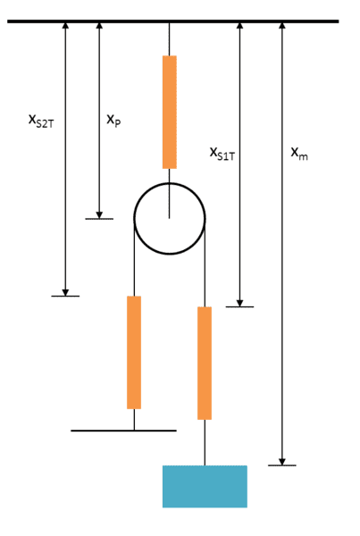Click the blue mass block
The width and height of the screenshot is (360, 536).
coord(205,486)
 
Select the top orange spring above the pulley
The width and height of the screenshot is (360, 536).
coord(170,113)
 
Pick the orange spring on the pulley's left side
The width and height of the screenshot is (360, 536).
coord(134,353)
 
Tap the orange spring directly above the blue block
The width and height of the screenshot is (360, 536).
coord(205,363)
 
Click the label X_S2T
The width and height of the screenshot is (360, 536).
coord(41,121)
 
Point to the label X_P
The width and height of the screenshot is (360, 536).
coord(113,121)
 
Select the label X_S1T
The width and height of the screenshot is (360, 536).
coord(222,154)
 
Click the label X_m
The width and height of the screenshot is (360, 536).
coord(299,154)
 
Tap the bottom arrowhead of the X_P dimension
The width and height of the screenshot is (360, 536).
coord(99,215)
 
